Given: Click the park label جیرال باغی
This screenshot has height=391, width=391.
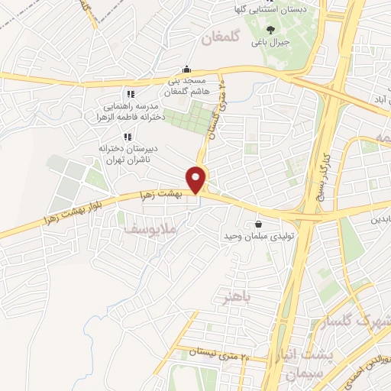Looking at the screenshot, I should (272, 44).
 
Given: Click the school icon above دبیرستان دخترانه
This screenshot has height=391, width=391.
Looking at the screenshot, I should (127, 135).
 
